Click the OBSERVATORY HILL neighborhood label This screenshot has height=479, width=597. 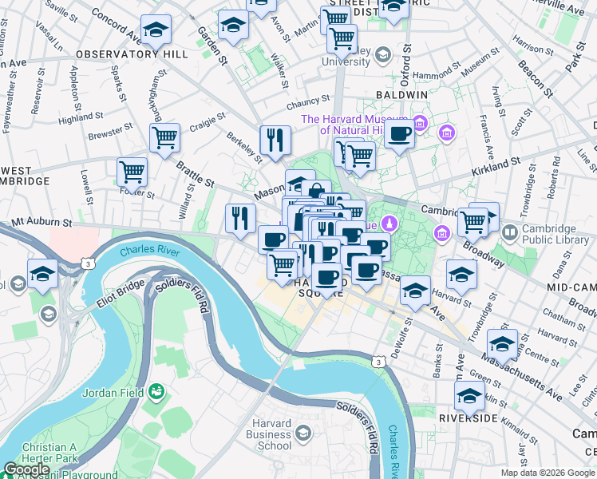(132, 53)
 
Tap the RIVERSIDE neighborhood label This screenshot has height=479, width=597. (469, 418)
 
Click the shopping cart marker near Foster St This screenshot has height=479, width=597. (132, 171)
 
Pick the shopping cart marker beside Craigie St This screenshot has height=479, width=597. (165, 137)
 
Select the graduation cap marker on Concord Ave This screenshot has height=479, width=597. (156, 30)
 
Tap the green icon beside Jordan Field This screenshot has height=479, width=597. (157, 391)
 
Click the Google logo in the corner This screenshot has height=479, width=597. (27, 469)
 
